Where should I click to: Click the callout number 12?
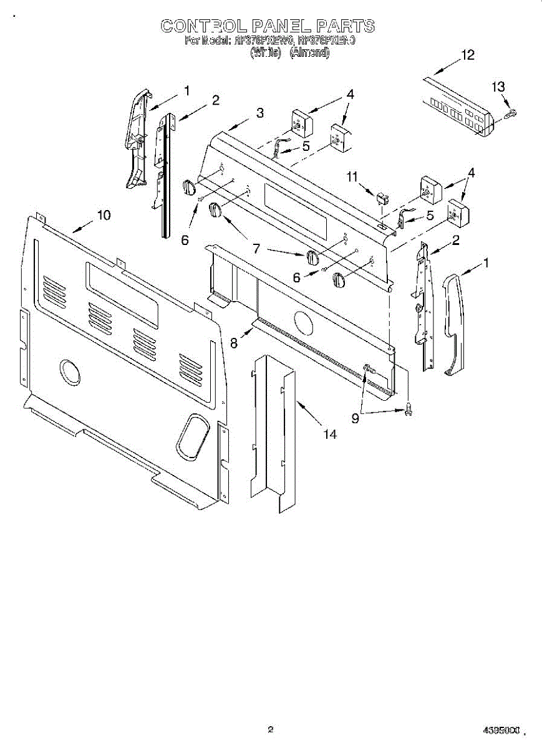pyautogui.click(x=468, y=55)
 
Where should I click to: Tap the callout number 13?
pyautogui.click(x=498, y=87)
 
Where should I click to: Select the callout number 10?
pyautogui.click(x=104, y=215)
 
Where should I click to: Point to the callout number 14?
pyautogui.click(x=329, y=434)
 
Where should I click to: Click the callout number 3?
pyautogui.click(x=259, y=113)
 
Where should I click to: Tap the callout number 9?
pyautogui.click(x=355, y=419)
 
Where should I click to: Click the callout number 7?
pyautogui.click(x=256, y=248)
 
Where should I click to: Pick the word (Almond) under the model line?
pyautogui.click(x=309, y=54)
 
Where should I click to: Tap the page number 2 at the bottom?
pyautogui.click(x=270, y=729)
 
